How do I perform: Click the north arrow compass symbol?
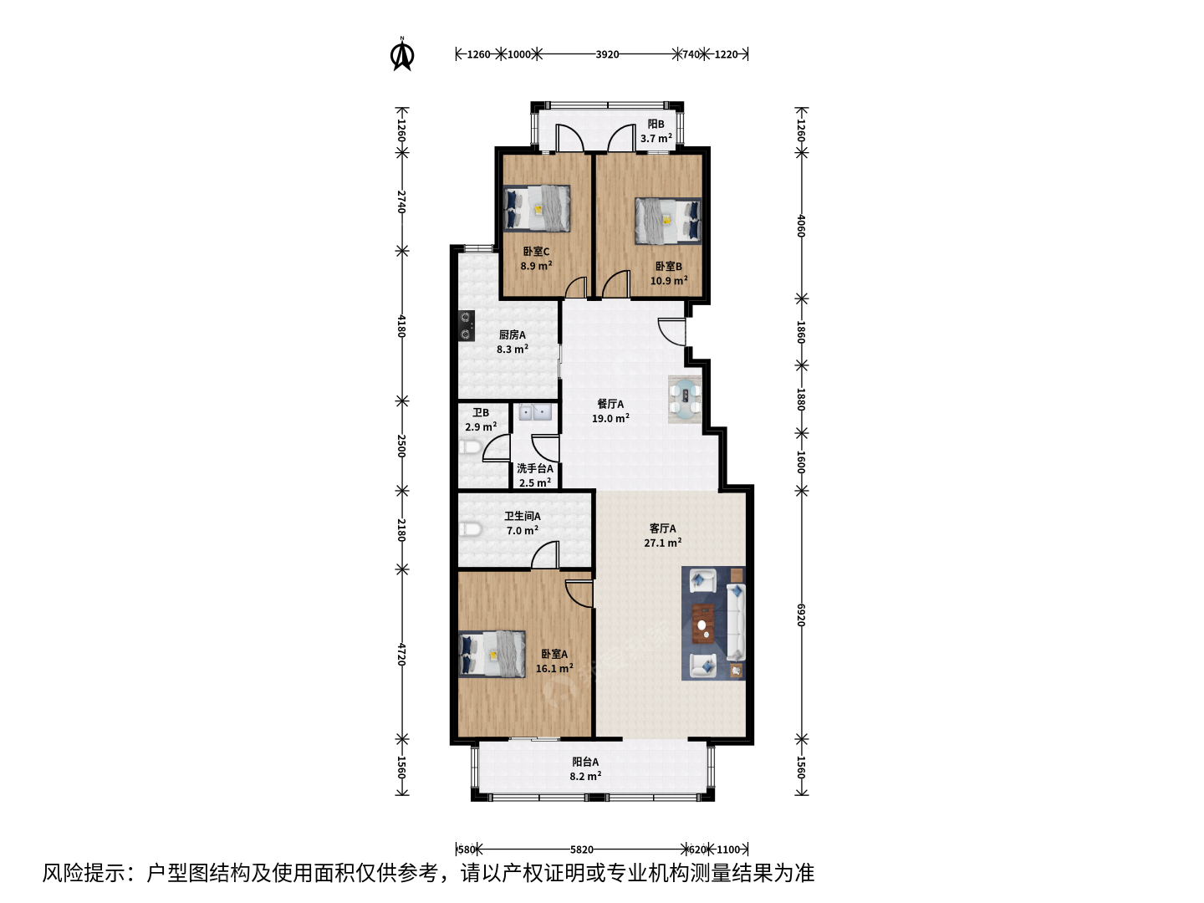click(x=402, y=54)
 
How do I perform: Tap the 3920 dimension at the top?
click(x=607, y=54)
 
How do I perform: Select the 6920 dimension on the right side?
click(x=801, y=615)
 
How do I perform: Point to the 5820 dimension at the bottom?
click(x=581, y=849)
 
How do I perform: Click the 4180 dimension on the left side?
click(x=401, y=326)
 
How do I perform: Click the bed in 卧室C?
click(x=537, y=209)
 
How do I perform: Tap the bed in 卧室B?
click(x=668, y=221)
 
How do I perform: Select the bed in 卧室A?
click(x=492, y=654)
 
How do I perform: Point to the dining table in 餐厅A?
click(x=685, y=399)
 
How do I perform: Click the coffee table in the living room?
click(x=703, y=623)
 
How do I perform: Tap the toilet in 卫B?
click(x=470, y=446)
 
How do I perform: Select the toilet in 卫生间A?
click(x=470, y=529)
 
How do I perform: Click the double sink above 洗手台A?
click(x=535, y=411)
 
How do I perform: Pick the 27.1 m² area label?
click(x=662, y=543)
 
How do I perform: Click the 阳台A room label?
click(x=585, y=762)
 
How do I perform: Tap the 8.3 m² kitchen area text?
click(x=513, y=349)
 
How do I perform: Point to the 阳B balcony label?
click(x=656, y=124)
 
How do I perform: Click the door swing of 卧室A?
click(x=579, y=594)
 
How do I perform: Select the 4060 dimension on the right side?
click(x=801, y=226)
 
